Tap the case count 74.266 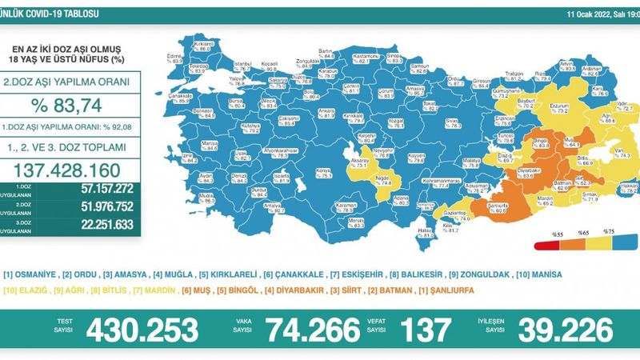coord(309,329)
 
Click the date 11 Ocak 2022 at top coord(592,14)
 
